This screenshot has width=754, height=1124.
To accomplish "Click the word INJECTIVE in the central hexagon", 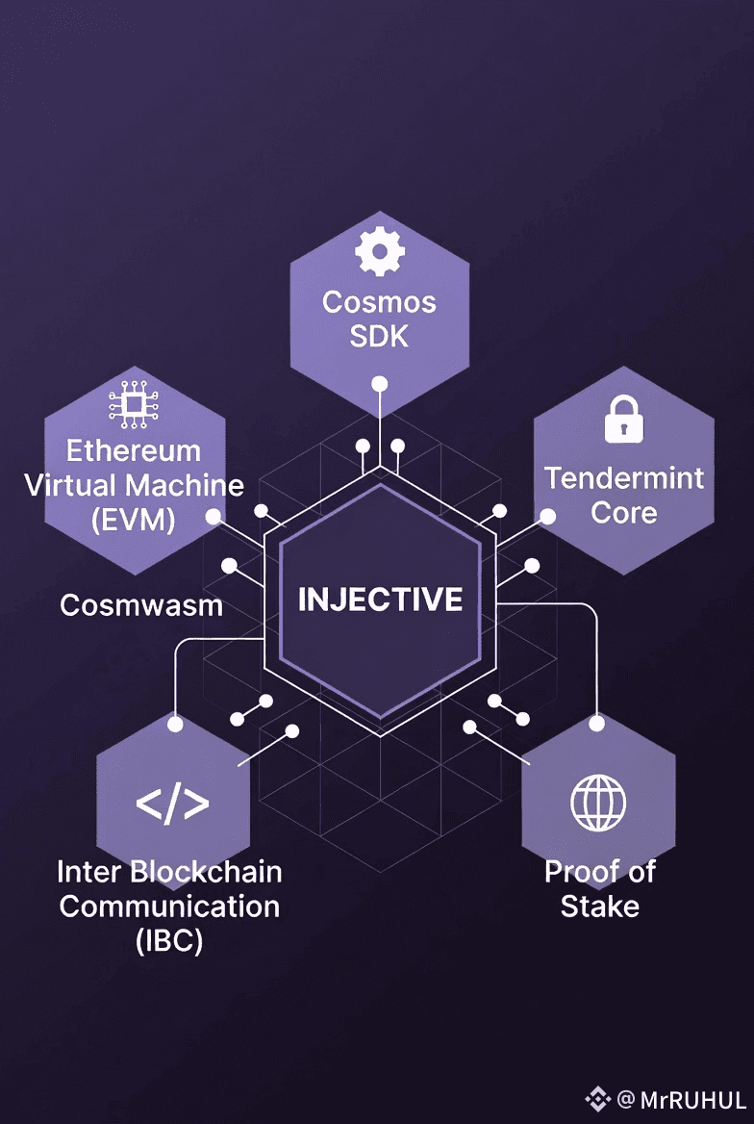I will pyautogui.click(x=380, y=600).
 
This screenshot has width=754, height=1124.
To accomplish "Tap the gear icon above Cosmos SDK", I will pyautogui.click(x=380, y=252).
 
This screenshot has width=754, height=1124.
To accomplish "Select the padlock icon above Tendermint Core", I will pyautogui.click(x=623, y=421).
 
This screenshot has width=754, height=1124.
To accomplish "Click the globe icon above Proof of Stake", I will pyautogui.click(x=598, y=803).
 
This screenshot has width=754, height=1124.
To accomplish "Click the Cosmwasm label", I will pyautogui.click(x=141, y=605).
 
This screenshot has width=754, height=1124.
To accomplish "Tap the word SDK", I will pyautogui.click(x=380, y=337).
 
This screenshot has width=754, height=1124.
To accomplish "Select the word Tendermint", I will pyautogui.click(x=624, y=478).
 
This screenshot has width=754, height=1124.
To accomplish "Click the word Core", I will pyautogui.click(x=624, y=513).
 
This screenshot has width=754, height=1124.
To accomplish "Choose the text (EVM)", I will pyautogui.click(x=133, y=520).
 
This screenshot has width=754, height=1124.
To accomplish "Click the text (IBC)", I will pyautogui.click(x=169, y=941).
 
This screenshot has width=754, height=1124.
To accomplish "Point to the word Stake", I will pyautogui.click(x=600, y=907).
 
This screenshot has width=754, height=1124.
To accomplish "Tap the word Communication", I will pyautogui.click(x=169, y=907).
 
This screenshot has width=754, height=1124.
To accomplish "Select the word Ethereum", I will pyautogui.click(x=133, y=450).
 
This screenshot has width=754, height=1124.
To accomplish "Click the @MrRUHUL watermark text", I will pyautogui.click(x=682, y=1098).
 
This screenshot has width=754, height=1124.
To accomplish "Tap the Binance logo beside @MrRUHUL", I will pyautogui.click(x=598, y=1098).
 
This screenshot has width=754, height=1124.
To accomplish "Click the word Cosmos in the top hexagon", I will pyautogui.click(x=380, y=302).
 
